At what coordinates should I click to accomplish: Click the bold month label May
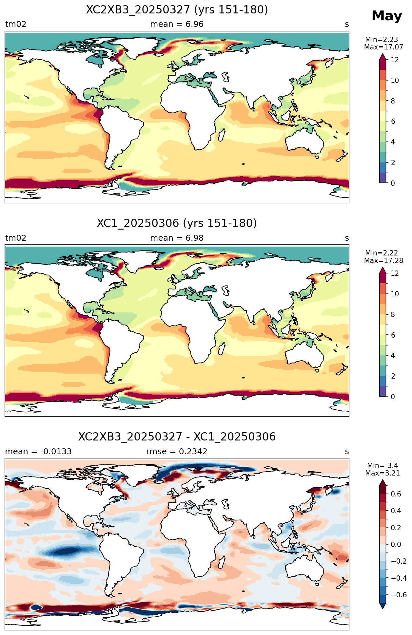pos(386,16)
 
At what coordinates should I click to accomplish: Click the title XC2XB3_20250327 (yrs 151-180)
pos(177,10)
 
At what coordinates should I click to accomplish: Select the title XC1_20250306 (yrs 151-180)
pos(177,223)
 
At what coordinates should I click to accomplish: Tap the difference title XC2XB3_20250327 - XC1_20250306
pos(177,437)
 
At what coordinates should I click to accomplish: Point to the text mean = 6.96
pos(177,24)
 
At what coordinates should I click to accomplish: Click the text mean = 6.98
pos(177,238)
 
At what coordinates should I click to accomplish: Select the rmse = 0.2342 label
pos(177,452)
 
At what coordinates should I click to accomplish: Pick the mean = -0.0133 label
pos(38,452)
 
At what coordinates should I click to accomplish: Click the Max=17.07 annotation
pos(383,47)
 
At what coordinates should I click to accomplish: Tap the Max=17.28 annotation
pos(383,261)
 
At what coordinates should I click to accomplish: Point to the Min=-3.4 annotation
pos(383,465)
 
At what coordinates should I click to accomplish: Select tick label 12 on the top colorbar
pos(395,60)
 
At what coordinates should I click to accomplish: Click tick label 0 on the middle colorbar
pos(393,397)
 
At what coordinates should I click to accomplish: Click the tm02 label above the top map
pos(16,24)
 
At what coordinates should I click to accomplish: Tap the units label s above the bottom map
pos(347,452)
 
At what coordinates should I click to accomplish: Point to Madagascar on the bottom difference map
pos(222,562)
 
